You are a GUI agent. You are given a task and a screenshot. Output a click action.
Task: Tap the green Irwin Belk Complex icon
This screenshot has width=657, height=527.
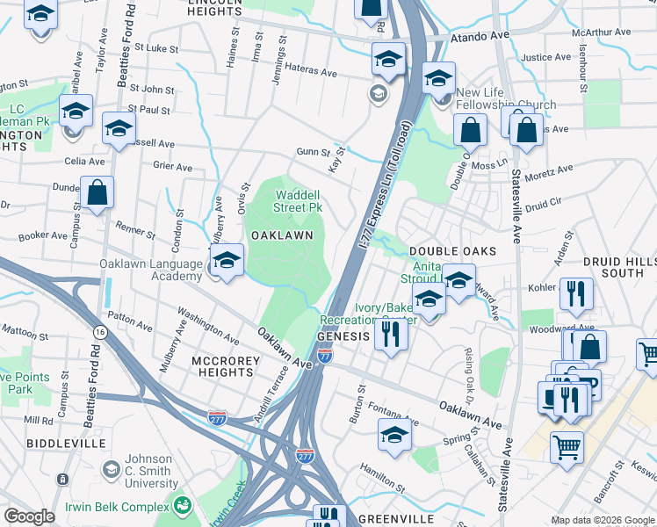(x=183, y=505)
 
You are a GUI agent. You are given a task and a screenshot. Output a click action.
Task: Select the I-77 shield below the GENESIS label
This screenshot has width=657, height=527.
(x=325, y=356)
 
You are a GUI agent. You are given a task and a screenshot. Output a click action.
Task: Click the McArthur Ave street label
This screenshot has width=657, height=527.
(x=601, y=32)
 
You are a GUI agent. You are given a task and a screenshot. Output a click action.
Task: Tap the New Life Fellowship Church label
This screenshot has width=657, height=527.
(x=505, y=98)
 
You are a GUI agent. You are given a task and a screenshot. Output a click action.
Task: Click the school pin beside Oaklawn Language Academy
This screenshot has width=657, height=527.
(x=227, y=261)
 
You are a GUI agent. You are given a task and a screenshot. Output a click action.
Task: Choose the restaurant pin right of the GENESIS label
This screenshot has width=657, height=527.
(x=391, y=333)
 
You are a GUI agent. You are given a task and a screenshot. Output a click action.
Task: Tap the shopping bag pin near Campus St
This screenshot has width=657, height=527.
(x=97, y=192)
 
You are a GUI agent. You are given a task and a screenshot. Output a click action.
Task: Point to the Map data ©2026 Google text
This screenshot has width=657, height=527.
(x=602, y=520)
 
